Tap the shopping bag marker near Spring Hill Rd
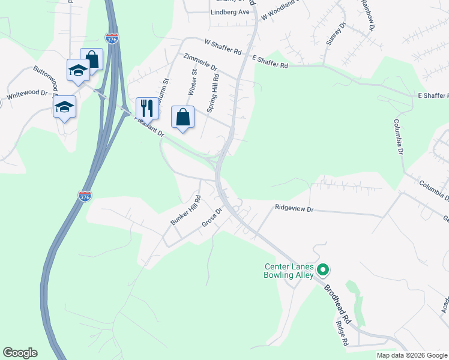pos(183,117)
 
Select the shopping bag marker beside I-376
pos(91,59)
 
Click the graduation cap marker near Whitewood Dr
pos(64,107)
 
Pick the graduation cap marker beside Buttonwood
pos(78,71)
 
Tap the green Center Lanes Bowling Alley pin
pos(322,270)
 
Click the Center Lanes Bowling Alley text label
pos(289,271)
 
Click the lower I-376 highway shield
pos(85,196)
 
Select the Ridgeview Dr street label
pos(294,208)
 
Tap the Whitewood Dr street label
pos(27,95)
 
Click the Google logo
pos(20,353)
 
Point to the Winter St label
pos(193,82)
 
